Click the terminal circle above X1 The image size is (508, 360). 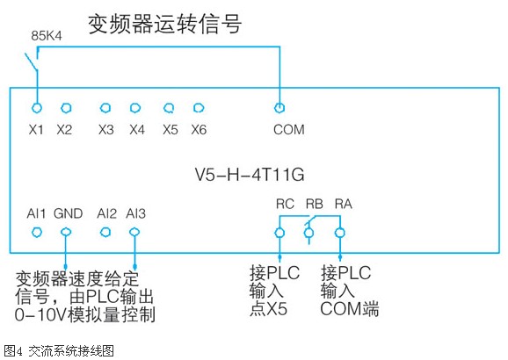(x=37, y=108)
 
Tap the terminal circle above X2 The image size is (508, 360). (x=66, y=108)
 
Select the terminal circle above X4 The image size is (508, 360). (x=135, y=108)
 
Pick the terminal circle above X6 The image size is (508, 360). (x=199, y=108)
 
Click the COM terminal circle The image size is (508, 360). (x=279, y=108)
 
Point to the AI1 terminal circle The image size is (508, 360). (x=37, y=232)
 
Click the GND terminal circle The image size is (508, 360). (x=66, y=232)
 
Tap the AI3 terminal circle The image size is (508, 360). (x=134, y=232)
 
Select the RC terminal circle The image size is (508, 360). (x=279, y=233)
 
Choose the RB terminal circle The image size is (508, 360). (x=308, y=233)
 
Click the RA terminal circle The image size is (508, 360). (x=340, y=233)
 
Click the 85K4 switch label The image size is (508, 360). (x=47, y=36)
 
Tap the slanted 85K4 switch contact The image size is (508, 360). (x=32, y=61)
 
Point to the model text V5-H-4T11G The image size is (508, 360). (x=250, y=175)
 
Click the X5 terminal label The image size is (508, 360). (x=171, y=130)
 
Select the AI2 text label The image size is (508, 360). (x=106, y=213)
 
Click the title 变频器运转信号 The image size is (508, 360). (x=164, y=24)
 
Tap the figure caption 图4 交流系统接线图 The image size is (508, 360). (x=59, y=351)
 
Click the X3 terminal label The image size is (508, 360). (x=106, y=130)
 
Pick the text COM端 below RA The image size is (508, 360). (x=350, y=308)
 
